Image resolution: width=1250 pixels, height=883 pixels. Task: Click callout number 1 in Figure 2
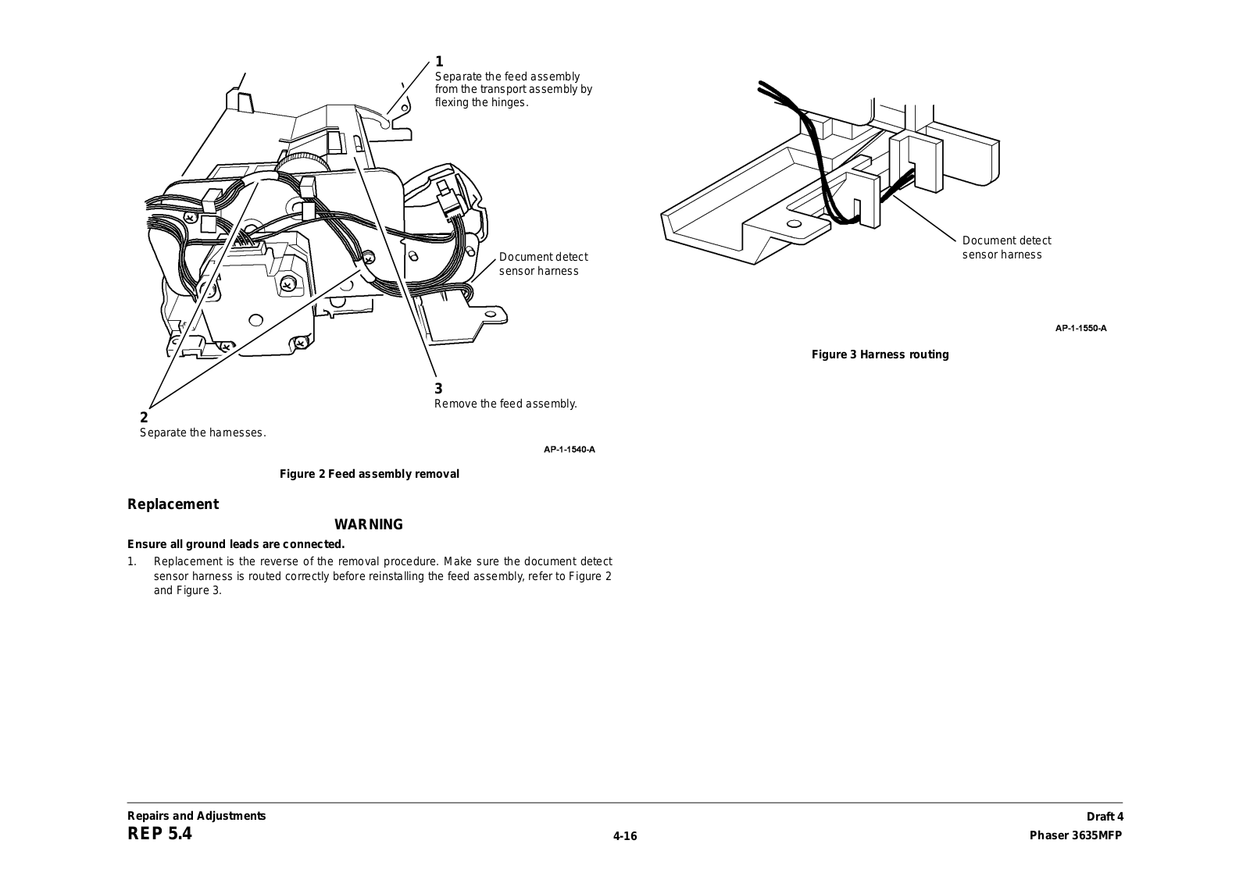click(439, 61)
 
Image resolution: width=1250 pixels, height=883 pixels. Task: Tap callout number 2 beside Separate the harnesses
click(144, 418)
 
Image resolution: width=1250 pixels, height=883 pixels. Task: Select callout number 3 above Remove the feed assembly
click(438, 388)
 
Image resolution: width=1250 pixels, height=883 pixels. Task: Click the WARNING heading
click(369, 525)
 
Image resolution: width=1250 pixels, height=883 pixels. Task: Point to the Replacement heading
click(173, 504)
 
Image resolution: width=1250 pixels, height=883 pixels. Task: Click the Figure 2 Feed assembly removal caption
click(370, 474)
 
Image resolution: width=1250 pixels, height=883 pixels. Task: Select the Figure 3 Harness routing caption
click(880, 354)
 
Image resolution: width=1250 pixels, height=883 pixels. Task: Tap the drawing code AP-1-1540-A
click(570, 449)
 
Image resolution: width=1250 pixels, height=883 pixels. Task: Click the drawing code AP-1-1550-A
click(1080, 328)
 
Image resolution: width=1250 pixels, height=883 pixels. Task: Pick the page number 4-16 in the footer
click(625, 836)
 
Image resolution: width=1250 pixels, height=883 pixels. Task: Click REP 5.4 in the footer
click(159, 834)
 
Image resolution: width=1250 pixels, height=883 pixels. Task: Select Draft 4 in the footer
click(1104, 817)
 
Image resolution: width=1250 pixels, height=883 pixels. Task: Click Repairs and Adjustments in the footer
click(197, 816)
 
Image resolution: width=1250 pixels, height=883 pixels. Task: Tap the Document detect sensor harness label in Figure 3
click(1006, 247)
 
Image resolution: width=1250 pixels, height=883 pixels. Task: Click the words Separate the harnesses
click(202, 433)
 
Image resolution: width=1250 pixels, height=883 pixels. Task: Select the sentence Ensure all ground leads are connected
click(236, 544)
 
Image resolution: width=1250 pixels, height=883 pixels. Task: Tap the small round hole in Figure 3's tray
click(794, 224)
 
